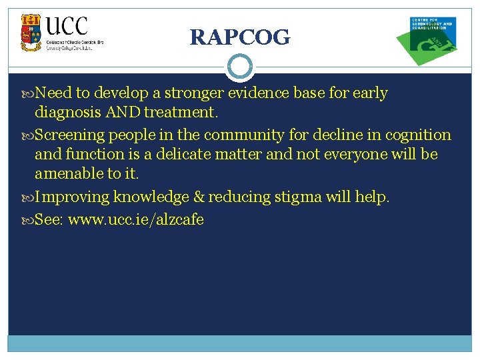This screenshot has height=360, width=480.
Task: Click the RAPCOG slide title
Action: pos(240,37)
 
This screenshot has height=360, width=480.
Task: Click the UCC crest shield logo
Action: pos(31,33)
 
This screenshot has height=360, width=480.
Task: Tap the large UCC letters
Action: pos(67,27)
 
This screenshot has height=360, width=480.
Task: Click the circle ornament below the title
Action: pos(239,67)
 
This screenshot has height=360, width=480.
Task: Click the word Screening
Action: pos(70,135)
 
